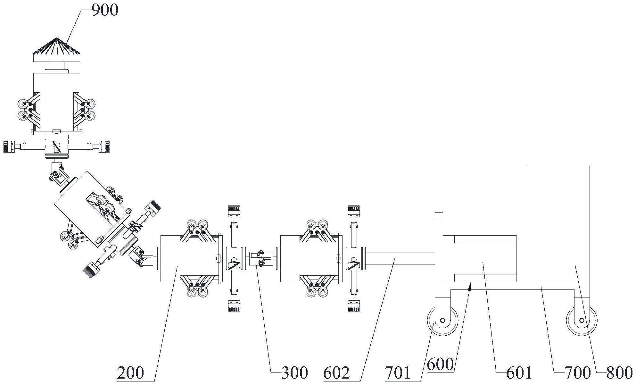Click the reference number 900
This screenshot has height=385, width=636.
(x=105, y=10)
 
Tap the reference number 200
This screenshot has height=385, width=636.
(x=130, y=373)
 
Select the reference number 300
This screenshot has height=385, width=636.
(x=294, y=373)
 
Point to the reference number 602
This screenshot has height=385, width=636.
(x=336, y=373)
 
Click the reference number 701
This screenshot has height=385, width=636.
(x=398, y=373)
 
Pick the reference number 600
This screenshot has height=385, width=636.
(x=441, y=364)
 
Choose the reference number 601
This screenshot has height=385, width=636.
(x=519, y=373)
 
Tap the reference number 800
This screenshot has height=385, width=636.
(x=620, y=373)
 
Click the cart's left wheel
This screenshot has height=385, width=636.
(x=442, y=320)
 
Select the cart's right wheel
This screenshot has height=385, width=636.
(x=582, y=320)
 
